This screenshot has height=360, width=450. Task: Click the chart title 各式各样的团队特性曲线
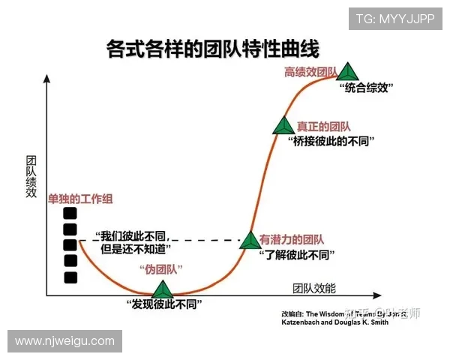213,50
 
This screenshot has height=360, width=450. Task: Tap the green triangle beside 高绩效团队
346,72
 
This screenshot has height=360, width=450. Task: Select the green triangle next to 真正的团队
283,126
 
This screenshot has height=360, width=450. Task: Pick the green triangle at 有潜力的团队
249,240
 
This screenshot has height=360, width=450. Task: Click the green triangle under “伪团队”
162,289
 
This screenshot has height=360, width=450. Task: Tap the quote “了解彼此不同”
294,254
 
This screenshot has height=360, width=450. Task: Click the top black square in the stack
70,211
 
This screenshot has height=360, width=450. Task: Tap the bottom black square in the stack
70,277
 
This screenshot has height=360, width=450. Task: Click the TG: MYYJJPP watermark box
394,19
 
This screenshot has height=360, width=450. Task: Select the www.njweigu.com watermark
64,341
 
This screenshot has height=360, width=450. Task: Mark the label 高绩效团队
309,72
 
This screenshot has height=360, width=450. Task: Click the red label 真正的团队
323,127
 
